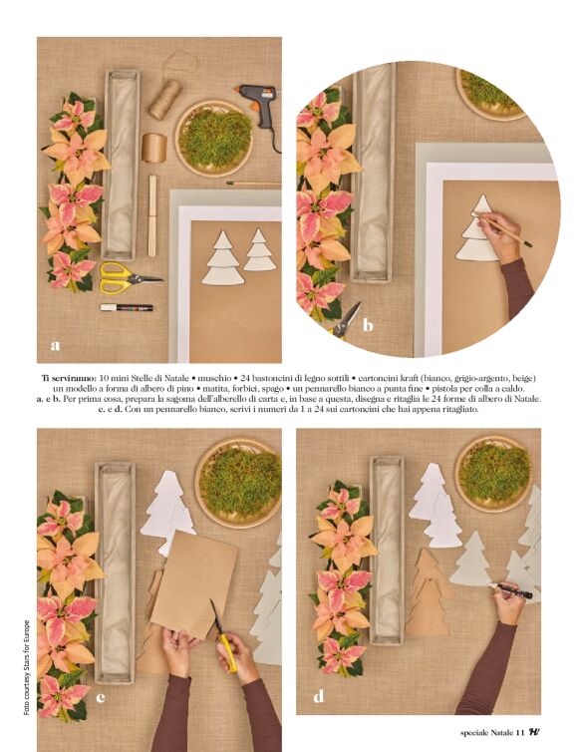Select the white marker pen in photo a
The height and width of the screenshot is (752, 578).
127,307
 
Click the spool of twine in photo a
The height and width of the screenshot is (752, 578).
164,100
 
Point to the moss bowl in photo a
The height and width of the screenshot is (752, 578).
214,138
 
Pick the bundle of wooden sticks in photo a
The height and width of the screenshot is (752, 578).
152,215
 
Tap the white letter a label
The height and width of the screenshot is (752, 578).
56,345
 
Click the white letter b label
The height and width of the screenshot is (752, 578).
368,325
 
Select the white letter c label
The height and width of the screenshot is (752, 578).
101,697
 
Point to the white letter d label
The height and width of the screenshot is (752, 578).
319,696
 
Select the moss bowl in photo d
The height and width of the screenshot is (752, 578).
493,474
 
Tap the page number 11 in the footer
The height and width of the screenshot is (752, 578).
520,732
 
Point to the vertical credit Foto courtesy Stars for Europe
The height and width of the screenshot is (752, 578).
27,667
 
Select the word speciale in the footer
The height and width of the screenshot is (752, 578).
473,733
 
